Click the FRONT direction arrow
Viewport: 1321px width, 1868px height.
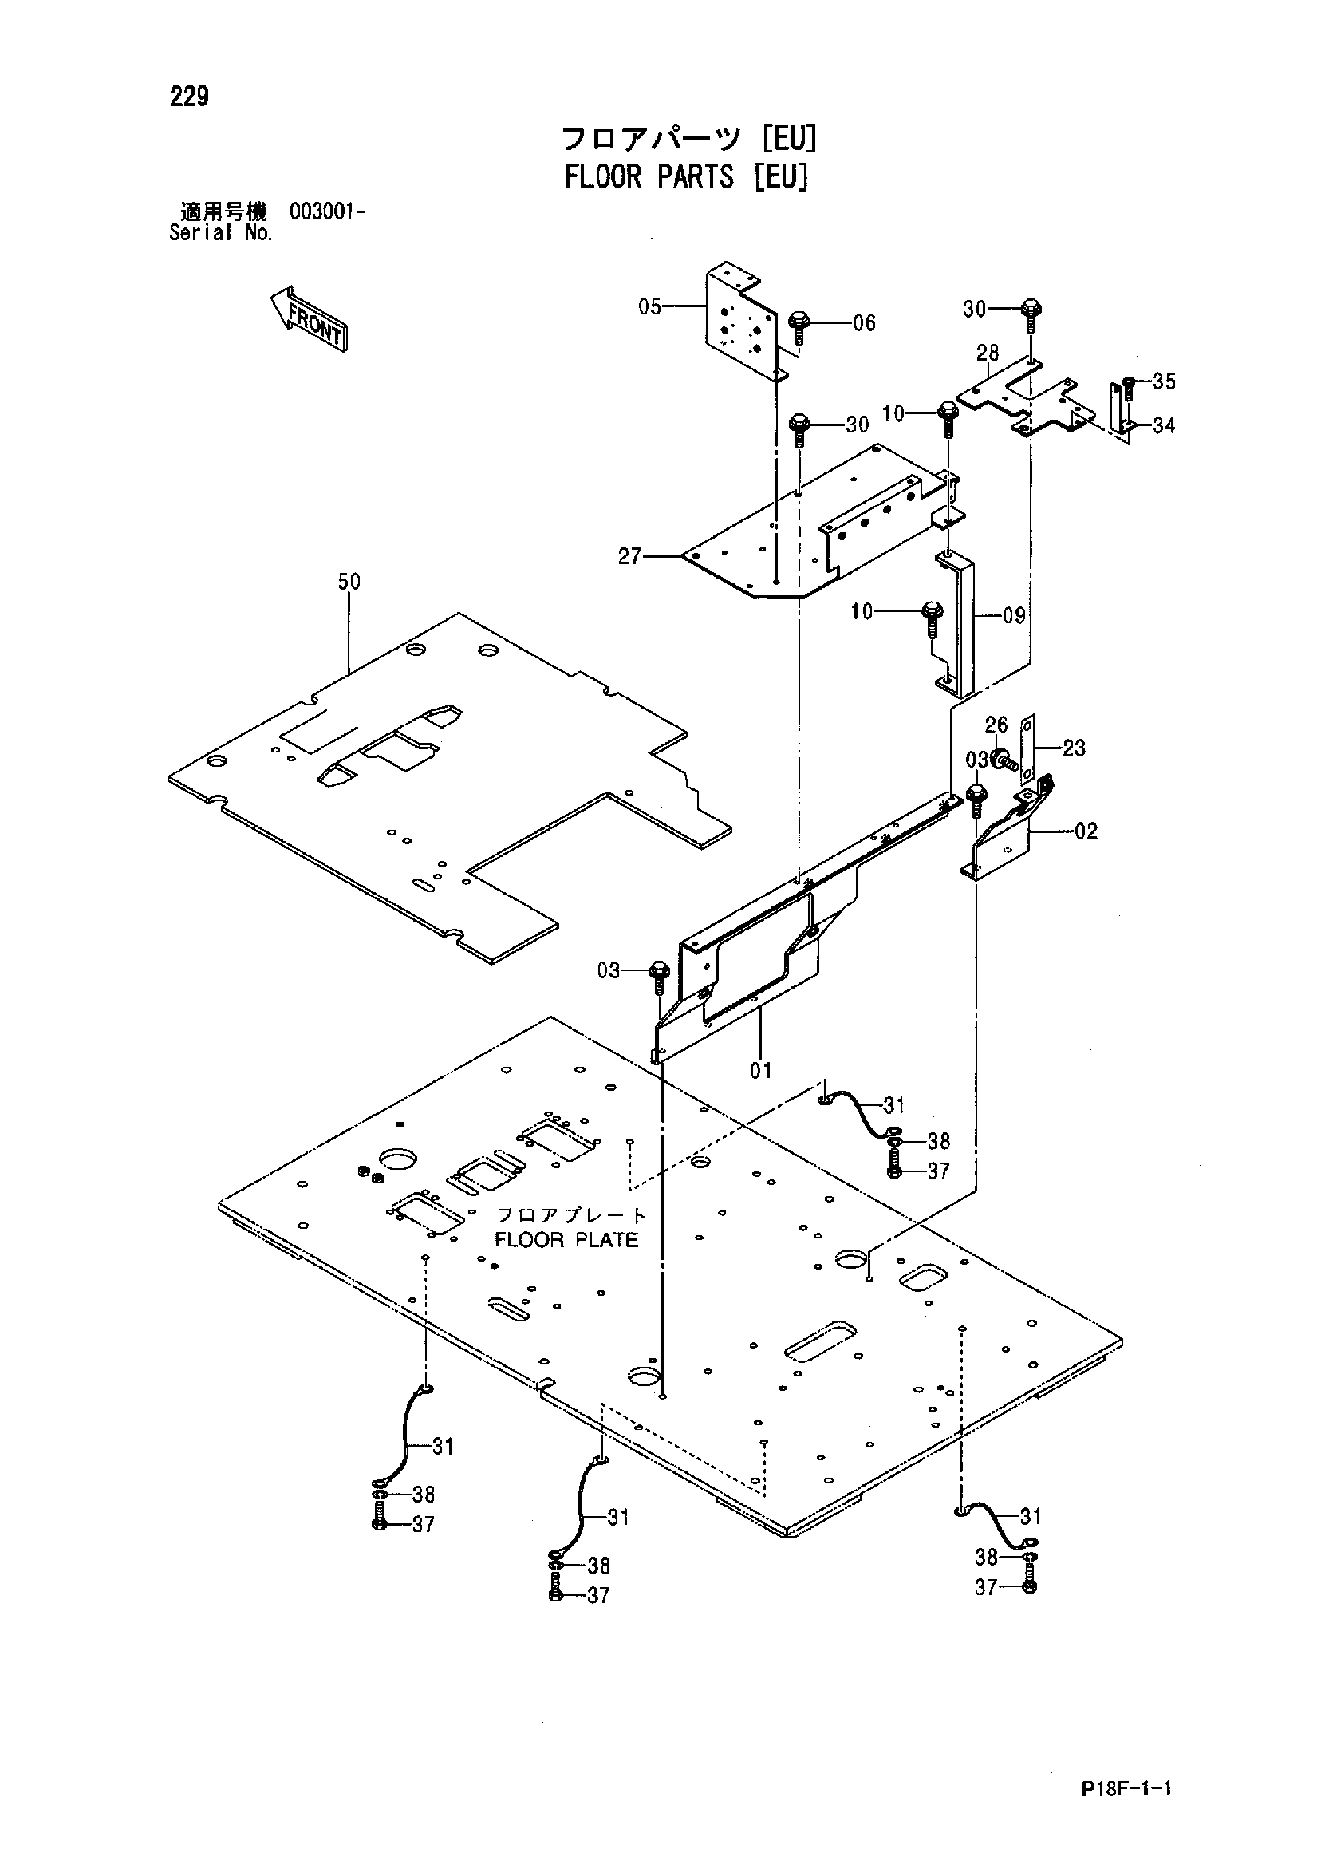(309, 318)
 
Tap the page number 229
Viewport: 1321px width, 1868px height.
(190, 97)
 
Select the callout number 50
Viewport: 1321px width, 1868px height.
(349, 582)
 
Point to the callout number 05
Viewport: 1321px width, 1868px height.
(650, 306)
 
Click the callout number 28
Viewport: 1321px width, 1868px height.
(988, 353)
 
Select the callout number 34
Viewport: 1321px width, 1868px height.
(1164, 425)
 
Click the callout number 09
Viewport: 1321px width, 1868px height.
(1014, 615)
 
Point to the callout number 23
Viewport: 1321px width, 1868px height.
(1074, 748)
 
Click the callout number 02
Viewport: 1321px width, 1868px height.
(1086, 831)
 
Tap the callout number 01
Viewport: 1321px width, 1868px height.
(760, 1071)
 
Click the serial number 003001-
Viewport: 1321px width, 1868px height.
(327, 212)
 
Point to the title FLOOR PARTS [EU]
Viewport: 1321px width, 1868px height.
(686, 176)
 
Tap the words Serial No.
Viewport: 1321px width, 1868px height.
(220, 233)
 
